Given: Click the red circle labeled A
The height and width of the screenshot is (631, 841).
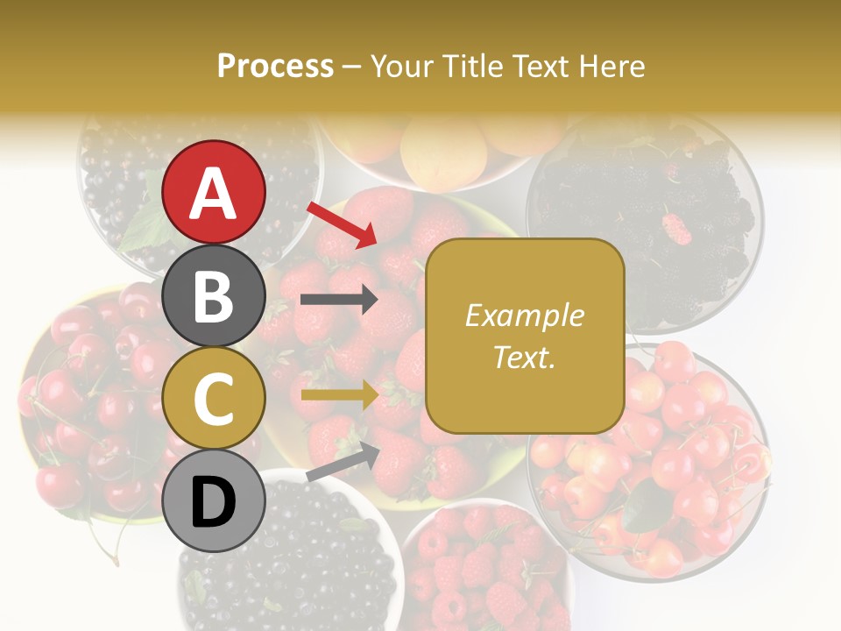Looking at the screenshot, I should pyautogui.click(x=213, y=192).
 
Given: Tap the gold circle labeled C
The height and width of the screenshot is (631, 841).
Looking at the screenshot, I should pyautogui.click(x=213, y=398).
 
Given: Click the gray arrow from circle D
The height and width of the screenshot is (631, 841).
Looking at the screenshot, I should pyautogui.click(x=343, y=462).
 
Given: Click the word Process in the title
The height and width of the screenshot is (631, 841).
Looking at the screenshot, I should pyautogui.click(x=275, y=66).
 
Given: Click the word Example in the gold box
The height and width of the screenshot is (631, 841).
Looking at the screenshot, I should pyautogui.click(x=525, y=315).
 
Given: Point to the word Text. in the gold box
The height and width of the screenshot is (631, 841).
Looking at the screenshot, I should pyautogui.click(x=525, y=357).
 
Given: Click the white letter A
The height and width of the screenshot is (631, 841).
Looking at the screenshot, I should pyautogui.click(x=213, y=193).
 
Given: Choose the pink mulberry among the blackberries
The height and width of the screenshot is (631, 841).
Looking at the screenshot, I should pyautogui.click(x=676, y=228).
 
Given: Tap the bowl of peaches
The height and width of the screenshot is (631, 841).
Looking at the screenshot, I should pyautogui.click(x=438, y=145).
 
